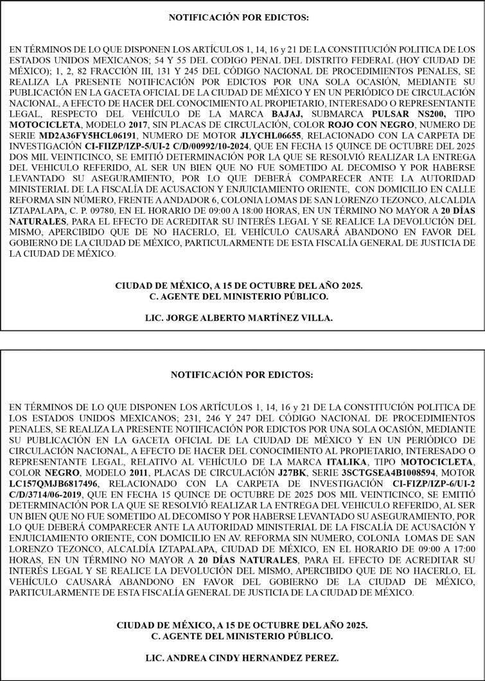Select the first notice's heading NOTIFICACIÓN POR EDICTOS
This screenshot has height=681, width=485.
click(239, 18)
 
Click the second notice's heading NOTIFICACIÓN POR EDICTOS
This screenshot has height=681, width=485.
click(242, 374)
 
